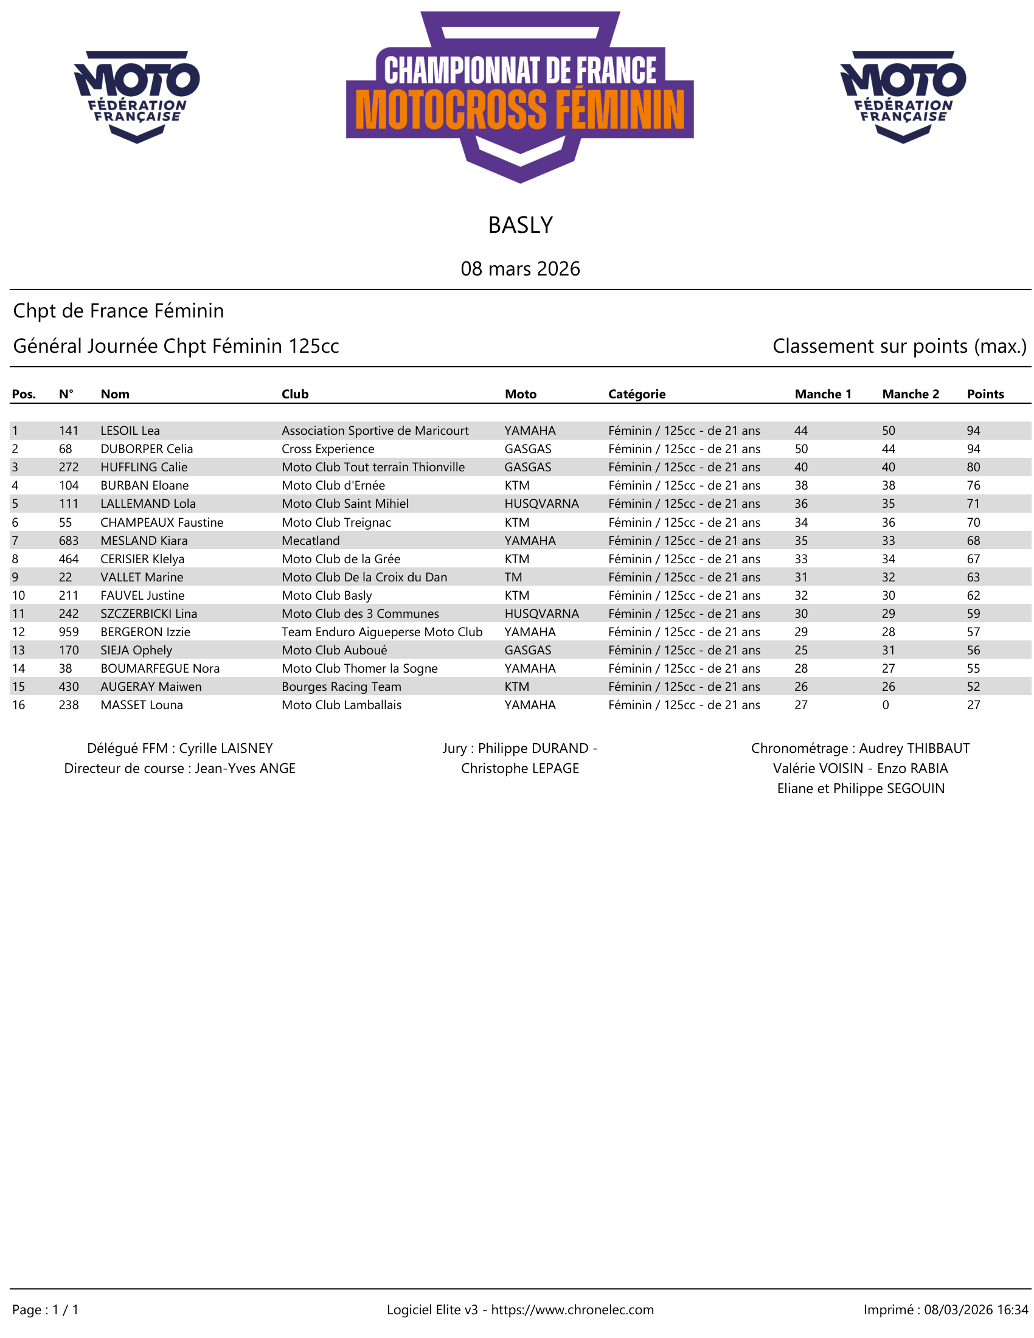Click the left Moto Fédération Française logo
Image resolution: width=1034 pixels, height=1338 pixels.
[137, 96]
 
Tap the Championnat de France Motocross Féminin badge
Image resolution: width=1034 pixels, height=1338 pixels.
[519, 97]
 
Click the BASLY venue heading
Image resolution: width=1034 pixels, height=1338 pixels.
[520, 226]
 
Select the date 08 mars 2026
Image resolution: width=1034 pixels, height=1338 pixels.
[520, 268]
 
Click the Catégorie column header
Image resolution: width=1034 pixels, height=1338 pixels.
[636, 394]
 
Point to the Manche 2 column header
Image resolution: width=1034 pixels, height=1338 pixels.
[910, 394]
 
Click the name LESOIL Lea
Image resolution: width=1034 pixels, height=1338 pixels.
[130, 431]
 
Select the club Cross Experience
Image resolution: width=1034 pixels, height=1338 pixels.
[328, 449]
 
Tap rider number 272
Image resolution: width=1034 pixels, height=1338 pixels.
[69, 467]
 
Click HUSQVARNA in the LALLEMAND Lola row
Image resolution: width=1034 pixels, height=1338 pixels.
[541, 504]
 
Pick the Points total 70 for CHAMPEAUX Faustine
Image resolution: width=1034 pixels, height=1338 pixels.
[973, 522]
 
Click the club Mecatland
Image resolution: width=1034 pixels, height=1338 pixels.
[311, 540]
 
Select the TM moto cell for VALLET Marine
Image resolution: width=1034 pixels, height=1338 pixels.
[513, 577]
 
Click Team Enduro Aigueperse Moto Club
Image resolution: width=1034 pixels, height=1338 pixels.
[381, 632]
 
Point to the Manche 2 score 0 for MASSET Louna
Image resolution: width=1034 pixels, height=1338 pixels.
[886, 704]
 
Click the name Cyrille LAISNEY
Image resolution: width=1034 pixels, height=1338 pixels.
[226, 748]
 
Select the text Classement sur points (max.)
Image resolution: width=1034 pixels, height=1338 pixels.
[898, 346]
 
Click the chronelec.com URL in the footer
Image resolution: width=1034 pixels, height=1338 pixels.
[572, 1309]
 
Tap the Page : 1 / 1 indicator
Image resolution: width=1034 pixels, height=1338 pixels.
[46, 1309]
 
